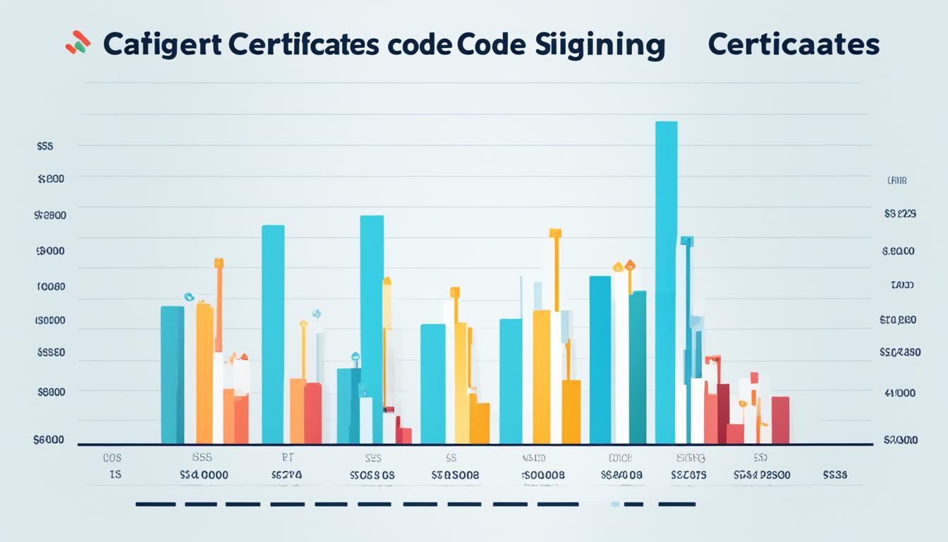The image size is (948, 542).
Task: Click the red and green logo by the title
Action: pyautogui.click(x=78, y=43)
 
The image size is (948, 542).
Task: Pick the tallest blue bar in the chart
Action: pyautogui.click(x=666, y=282)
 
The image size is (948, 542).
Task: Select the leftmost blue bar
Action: pyautogui.click(x=172, y=375)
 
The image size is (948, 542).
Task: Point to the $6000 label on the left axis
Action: pyautogui.click(x=49, y=439)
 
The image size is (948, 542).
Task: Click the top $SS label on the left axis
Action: pyautogui.click(x=45, y=146)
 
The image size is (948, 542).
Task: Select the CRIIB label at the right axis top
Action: pyautogui.click(x=897, y=181)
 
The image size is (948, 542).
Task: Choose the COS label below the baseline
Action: pyautogui.click(x=111, y=457)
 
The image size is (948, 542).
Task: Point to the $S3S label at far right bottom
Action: pyautogui.click(x=834, y=475)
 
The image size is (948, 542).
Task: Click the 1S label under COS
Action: pyautogui.click(x=115, y=475)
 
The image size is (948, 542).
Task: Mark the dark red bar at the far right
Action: pyautogui.click(x=780, y=420)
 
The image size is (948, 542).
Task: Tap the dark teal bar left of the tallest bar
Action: pyautogui.click(x=637, y=367)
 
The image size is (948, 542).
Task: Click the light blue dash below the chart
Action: pyautogui.click(x=615, y=504)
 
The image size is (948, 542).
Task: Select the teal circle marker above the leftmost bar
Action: pyautogui.click(x=189, y=297)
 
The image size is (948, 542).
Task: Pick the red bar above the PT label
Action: pyautogui.click(x=312, y=413)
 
